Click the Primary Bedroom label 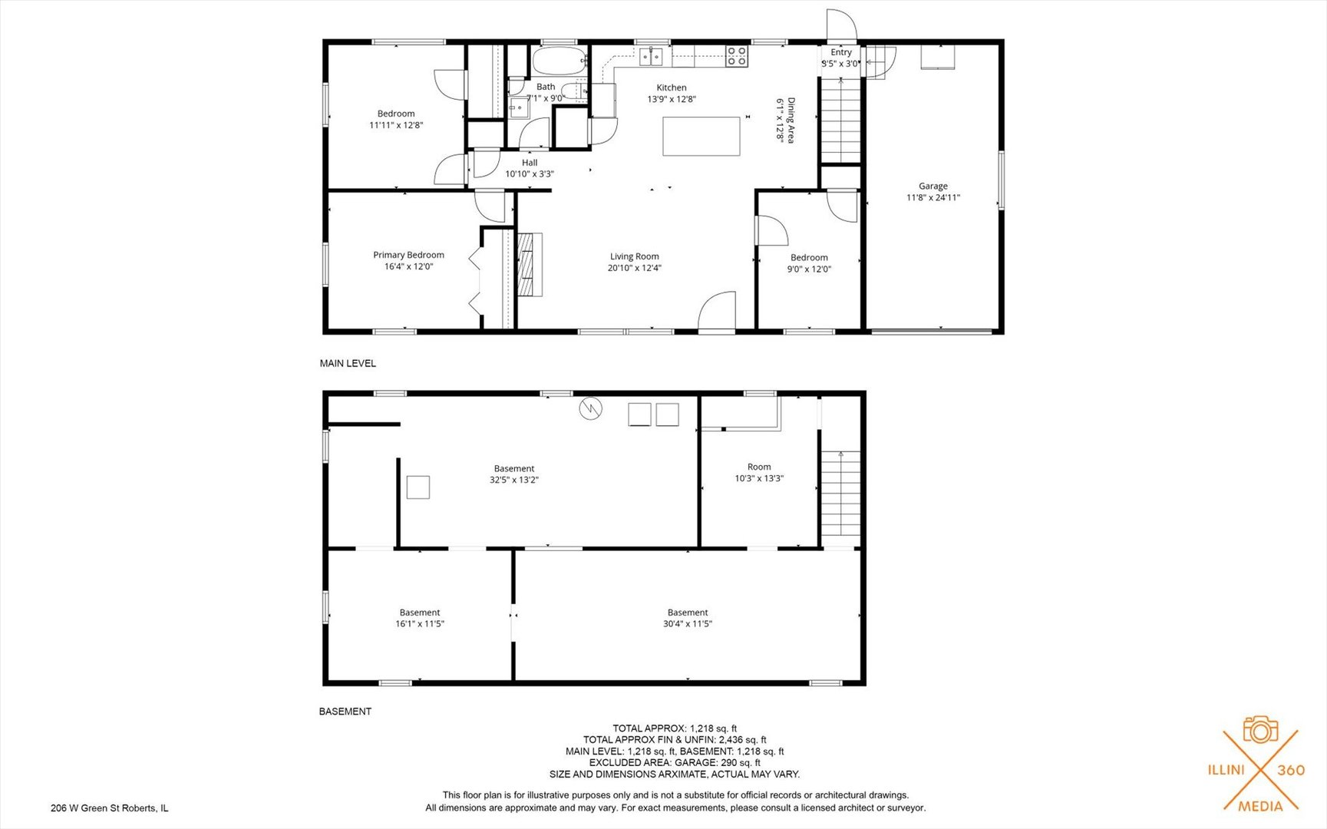tap(408, 255)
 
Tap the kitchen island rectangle tap(701, 136)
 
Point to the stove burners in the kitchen tap(737, 56)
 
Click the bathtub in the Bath tap(559, 60)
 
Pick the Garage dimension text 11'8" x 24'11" tap(933, 197)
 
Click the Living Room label tap(635, 256)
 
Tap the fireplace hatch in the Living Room tap(530, 264)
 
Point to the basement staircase tap(841, 493)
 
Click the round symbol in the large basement tap(590, 408)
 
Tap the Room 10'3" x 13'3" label tap(759, 472)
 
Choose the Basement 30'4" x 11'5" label tap(688, 618)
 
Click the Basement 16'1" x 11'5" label tap(420, 618)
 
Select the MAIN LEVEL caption tap(348, 363)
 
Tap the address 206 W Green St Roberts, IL tap(110, 808)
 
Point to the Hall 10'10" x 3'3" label tap(530, 168)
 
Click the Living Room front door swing tap(717, 311)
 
